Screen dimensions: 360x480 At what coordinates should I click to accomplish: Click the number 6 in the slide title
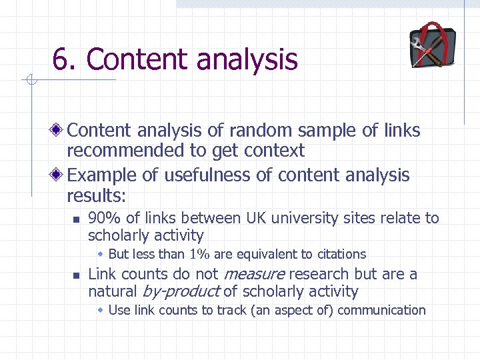(61, 60)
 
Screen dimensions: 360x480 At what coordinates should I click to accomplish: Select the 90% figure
(103, 218)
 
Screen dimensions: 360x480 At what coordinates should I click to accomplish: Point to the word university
(304, 218)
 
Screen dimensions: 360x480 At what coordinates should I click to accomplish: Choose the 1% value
(201, 254)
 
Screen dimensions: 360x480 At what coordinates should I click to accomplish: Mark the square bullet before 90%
(76, 219)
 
